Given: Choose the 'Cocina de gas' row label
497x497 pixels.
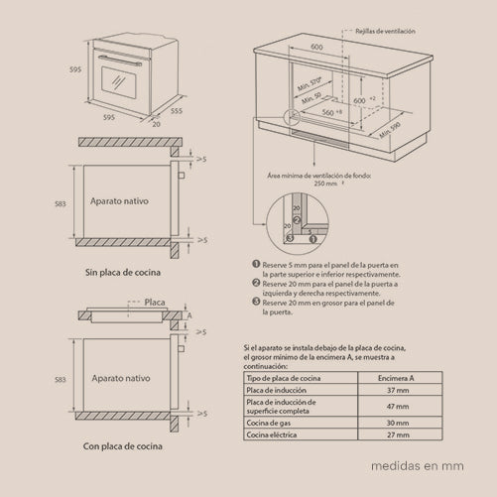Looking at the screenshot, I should (x=275, y=422).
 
